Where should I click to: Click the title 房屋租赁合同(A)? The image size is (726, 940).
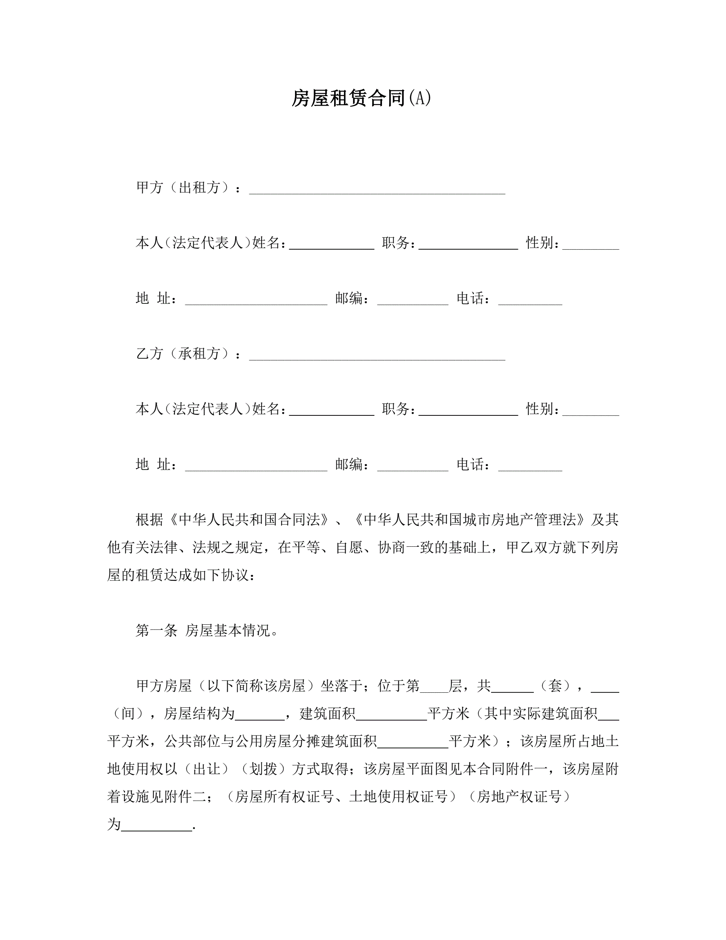(361, 98)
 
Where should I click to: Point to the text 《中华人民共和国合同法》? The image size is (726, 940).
(250, 520)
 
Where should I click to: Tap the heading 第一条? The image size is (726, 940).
(157, 631)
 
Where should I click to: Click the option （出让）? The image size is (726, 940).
(206, 769)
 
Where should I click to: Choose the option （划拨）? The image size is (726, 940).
(263, 769)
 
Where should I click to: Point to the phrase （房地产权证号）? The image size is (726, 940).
(519, 797)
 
